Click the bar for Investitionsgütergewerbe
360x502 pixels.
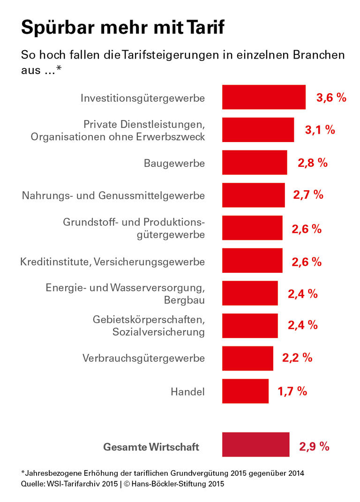pyautogui.click(x=263, y=97)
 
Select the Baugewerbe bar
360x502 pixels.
pyautogui.click(x=254, y=162)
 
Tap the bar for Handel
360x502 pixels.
pyautogui.click(x=245, y=391)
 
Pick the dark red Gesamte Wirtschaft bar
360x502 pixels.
pyautogui.click(x=255, y=444)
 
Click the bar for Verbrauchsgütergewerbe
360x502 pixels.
pyautogui.click(x=247, y=358)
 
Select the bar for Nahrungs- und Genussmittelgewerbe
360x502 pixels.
pyautogui.click(x=253, y=195)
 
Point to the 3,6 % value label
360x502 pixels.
pyautogui.click(x=331, y=97)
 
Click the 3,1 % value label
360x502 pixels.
pyautogui.click(x=320, y=130)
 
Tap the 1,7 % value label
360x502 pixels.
pyautogui.click(x=292, y=391)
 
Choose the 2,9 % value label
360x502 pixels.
pyautogui.click(x=314, y=446)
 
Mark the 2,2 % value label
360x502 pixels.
pyautogui.click(x=297, y=357)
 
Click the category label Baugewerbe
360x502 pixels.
pyautogui.click(x=174, y=163)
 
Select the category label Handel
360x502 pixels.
pyautogui.click(x=187, y=391)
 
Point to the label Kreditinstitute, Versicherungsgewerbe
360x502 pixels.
pyautogui.click(x=112, y=262)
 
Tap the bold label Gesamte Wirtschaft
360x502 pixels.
pyautogui.click(x=151, y=447)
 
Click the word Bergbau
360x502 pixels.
pyautogui.click(x=184, y=299)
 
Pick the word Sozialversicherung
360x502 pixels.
pyautogui.click(x=158, y=332)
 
